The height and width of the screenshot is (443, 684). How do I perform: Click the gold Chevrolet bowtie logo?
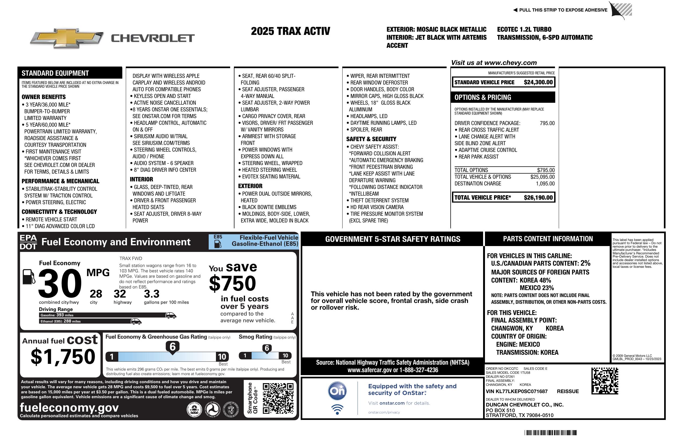pos(67,38)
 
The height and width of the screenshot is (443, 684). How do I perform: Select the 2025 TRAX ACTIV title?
pos(290,31)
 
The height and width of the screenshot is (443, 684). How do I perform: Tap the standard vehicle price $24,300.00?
pos(538,82)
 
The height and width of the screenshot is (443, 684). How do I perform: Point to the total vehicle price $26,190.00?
pos(538,197)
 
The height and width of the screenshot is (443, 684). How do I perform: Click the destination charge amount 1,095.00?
pos(545,184)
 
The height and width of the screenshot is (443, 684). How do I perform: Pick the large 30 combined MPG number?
pos(60,284)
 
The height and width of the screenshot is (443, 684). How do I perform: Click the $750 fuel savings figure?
pos(233,283)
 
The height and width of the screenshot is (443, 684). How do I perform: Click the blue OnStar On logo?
pos(337,391)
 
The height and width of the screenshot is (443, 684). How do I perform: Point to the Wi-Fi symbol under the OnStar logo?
pos(337,409)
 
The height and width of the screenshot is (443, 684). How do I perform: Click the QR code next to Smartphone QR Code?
pos(278,398)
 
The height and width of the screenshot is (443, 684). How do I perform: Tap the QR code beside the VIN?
pos(605,381)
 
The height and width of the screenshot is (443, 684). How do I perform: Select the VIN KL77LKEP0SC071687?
pos(516,391)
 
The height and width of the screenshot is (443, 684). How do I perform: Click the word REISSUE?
pos(568,391)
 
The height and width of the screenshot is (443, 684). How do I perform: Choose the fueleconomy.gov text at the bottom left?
pos(69,408)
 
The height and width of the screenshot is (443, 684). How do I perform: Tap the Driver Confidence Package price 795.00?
pos(547,123)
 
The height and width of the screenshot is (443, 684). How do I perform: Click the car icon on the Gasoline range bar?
pos(171,315)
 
